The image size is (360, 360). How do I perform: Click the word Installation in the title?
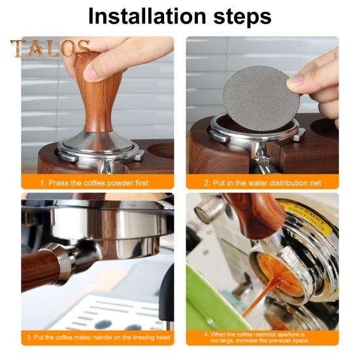click(147, 16)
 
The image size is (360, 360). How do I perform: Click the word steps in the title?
click(242, 18)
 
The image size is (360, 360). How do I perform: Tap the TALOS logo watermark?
click(50, 48)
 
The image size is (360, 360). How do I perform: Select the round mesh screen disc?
click(261, 99)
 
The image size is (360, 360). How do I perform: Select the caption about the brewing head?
click(99, 338)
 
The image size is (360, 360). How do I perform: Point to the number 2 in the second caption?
click(206, 183)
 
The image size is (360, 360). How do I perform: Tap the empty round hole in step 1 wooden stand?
click(160, 150)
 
